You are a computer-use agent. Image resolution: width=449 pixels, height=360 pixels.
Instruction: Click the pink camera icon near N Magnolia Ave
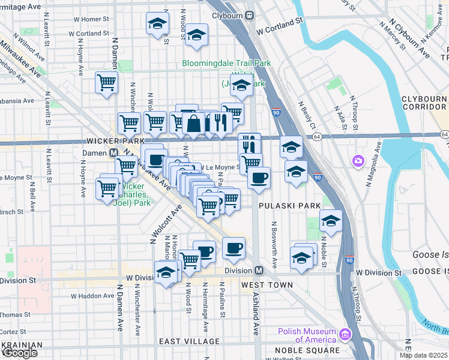358,161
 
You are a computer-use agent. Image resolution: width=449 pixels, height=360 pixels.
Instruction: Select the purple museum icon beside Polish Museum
345,334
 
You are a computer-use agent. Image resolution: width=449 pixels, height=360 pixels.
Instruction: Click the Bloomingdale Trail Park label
227,63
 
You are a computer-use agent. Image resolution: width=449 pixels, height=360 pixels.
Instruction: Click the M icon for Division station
259,270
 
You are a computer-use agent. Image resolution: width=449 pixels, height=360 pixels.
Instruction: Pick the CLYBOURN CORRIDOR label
423,103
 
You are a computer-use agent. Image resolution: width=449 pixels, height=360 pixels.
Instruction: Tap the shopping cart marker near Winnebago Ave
106,83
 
